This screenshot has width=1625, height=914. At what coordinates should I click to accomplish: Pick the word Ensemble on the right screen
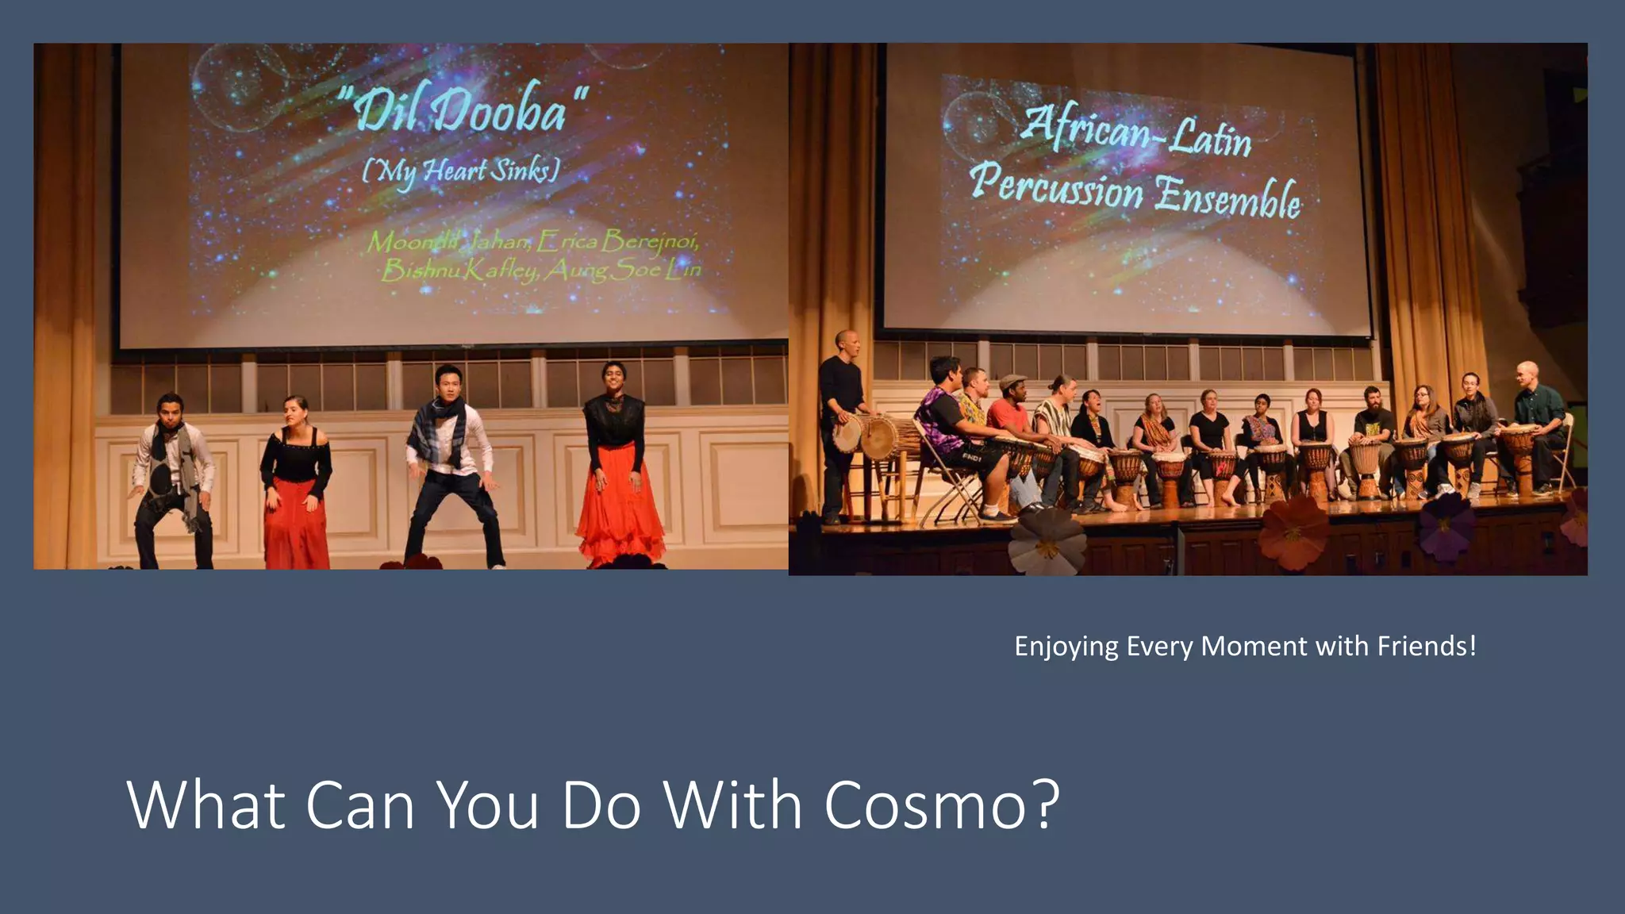tap(1227, 196)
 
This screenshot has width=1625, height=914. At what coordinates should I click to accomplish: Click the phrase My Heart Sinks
tap(461, 170)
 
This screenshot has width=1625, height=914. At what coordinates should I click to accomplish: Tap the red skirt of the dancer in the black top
tap(295, 520)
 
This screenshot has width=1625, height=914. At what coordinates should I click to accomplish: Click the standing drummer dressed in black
tap(839, 421)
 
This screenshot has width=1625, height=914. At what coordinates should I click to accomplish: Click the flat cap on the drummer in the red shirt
tap(1012, 382)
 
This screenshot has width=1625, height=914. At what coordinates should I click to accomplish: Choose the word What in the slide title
tap(206, 805)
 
